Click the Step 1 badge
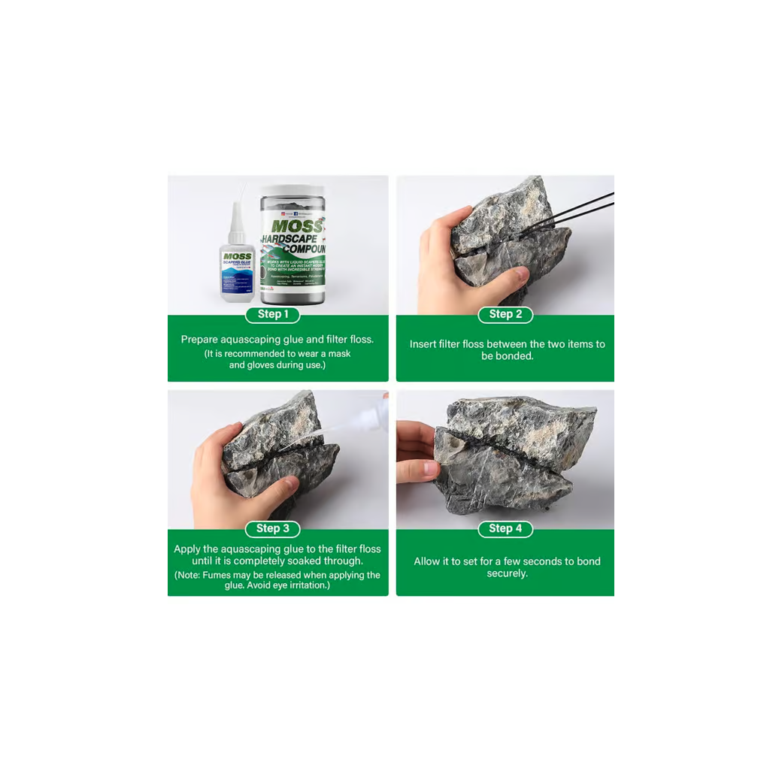tap(272, 314)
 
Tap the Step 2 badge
tap(505, 314)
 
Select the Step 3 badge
tap(272, 528)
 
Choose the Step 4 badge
tap(505, 528)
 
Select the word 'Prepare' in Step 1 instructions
tap(199, 340)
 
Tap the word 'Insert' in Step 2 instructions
tap(424, 344)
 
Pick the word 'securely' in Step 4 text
tap(507, 573)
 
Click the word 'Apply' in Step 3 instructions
tap(187, 549)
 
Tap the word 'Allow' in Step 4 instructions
tap(427, 561)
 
